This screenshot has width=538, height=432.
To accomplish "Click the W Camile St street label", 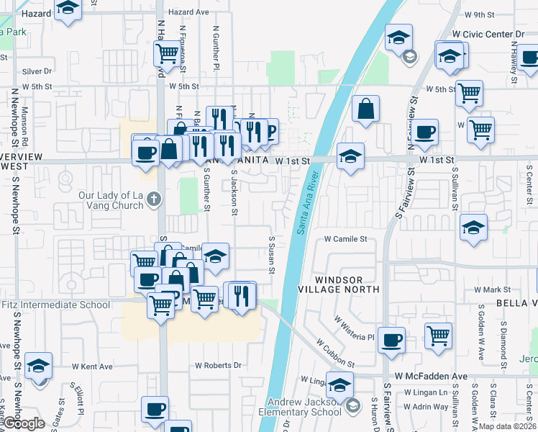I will point(346,238).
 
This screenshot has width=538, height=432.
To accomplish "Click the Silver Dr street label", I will point(37,71).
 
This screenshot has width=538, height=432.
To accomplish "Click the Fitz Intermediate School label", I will point(55,305).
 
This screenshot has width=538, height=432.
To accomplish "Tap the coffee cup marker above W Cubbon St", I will point(391,341).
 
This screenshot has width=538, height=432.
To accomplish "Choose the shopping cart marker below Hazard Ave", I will point(167,52).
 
